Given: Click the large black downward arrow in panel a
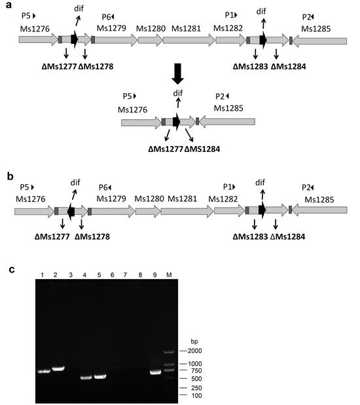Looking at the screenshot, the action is (178, 73).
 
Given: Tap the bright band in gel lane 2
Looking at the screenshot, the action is (58, 368).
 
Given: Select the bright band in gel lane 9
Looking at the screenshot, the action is (155, 372).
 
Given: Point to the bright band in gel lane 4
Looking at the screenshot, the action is (86, 377).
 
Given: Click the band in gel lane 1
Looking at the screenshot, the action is (44, 372).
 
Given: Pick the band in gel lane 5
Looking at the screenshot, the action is (100, 376).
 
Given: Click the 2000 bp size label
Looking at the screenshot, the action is (194, 351).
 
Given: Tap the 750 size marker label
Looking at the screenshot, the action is (195, 371).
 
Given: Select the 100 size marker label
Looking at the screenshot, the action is (196, 395).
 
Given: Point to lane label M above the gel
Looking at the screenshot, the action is (169, 275).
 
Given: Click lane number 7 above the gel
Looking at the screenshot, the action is (125, 275).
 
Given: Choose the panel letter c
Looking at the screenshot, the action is (12, 269).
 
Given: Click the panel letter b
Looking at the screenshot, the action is (10, 176).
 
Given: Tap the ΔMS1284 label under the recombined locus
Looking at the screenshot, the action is (202, 149).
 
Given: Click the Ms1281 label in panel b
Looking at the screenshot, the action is (182, 199).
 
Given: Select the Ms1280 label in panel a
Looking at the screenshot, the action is (151, 28).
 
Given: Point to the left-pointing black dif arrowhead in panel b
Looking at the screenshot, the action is (71, 212).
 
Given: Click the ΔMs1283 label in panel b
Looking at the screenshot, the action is (250, 237).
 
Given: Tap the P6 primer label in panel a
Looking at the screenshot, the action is (108, 17).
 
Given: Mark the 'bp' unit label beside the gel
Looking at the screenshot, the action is (194, 341).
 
